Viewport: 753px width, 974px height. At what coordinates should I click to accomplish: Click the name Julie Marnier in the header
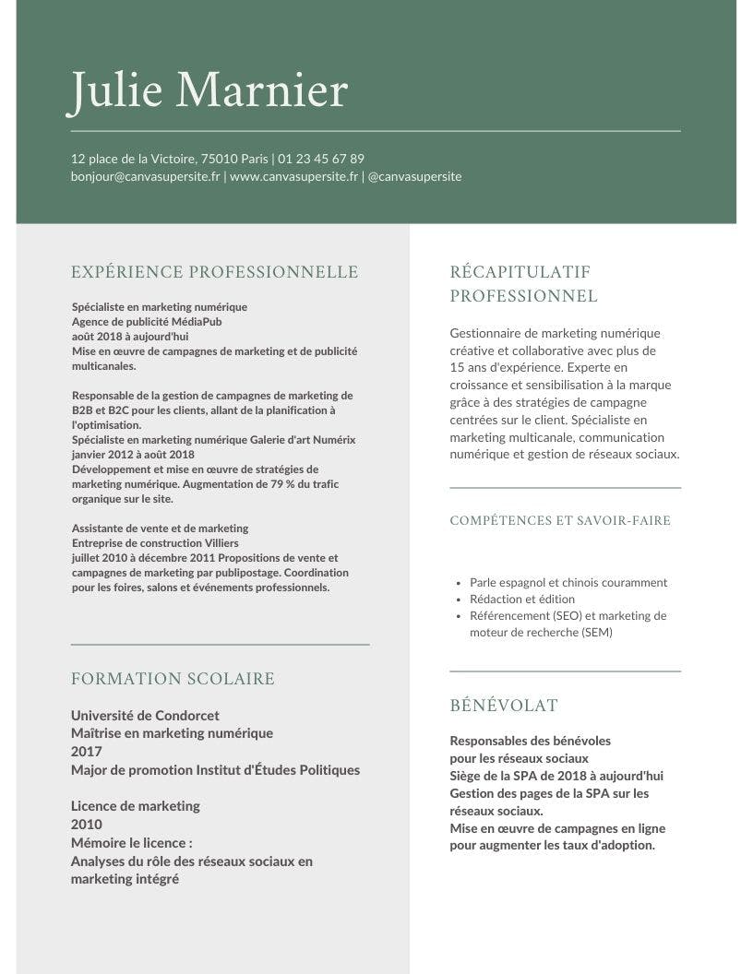tap(209, 91)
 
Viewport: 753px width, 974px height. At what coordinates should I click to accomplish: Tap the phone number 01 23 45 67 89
tap(321, 159)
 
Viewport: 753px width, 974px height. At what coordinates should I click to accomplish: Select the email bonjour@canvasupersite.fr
tap(145, 175)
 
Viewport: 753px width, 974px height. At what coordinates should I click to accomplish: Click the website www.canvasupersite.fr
tap(293, 175)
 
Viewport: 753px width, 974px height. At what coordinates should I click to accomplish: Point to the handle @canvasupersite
tap(414, 175)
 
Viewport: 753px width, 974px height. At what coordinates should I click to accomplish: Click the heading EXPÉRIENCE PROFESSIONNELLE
tap(214, 272)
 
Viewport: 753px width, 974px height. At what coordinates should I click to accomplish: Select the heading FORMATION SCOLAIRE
tap(173, 679)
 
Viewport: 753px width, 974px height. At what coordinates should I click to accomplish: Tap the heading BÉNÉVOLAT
tap(503, 706)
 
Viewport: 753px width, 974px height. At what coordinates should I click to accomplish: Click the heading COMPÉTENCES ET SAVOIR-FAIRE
tap(560, 521)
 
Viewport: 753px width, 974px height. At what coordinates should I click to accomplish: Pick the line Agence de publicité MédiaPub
tap(147, 322)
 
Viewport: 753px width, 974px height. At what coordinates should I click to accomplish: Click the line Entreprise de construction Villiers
tap(155, 543)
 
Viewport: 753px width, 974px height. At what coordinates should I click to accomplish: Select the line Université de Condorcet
tap(145, 715)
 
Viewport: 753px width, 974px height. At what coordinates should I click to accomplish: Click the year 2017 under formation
tap(87, 752)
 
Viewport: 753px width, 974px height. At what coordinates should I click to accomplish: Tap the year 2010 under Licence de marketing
tap(87, 825)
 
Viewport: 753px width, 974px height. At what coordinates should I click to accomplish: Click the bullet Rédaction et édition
tap(521, 600)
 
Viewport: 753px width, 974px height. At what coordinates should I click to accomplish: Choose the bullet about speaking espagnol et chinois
tap(568, 583)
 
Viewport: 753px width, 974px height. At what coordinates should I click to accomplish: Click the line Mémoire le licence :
tap(132, 843)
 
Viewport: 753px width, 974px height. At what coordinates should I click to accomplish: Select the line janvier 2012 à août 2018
tap(133, 455)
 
